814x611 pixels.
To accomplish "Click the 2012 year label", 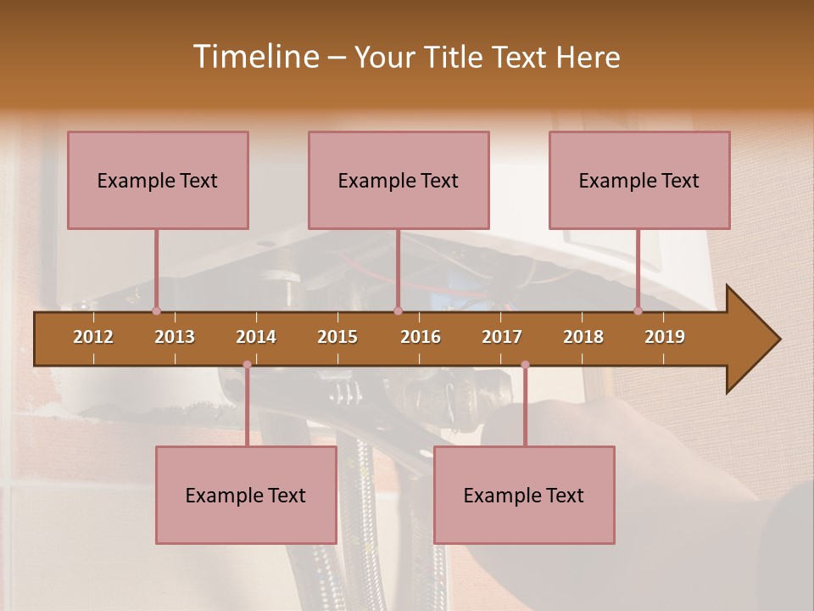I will coord(93,337).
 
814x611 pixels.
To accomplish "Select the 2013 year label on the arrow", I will coord(175,337).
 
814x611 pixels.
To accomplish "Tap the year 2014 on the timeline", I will coord(256,337).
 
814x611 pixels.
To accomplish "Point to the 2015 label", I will coord(337,337).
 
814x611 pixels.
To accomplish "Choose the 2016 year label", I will coord(421,337).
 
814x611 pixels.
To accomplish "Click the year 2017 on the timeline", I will coord(502,337).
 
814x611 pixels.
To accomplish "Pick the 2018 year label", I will coord(583,337).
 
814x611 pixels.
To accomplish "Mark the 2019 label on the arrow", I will coord(665,337).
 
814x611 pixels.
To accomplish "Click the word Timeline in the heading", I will coord(254,57).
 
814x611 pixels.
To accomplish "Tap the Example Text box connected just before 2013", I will coord(158,180).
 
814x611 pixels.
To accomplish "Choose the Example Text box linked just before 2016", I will coord(399,180).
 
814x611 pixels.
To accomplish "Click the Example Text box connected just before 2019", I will coord(639,180).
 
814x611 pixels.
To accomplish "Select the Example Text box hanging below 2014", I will coord(246,495).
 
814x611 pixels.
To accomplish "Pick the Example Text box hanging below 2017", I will coord(524,495).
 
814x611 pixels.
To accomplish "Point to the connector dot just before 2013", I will coord(156,311).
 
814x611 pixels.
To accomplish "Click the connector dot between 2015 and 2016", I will coord(398,311).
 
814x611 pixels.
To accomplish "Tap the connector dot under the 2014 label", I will coord(247,365).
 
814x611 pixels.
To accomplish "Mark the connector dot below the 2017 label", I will coord(525,365).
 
